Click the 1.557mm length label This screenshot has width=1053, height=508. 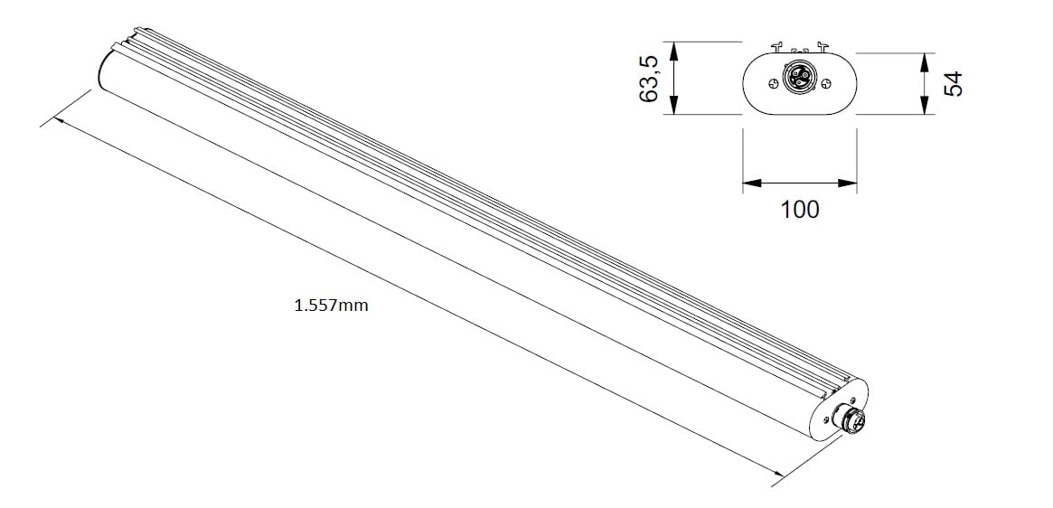(331, 306)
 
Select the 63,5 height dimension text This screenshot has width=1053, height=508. (649, 80)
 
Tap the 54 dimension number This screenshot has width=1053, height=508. (954, 83)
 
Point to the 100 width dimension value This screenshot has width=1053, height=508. (800, 210)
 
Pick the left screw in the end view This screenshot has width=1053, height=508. (773, 83)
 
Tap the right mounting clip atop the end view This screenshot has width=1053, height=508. (821, 47)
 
